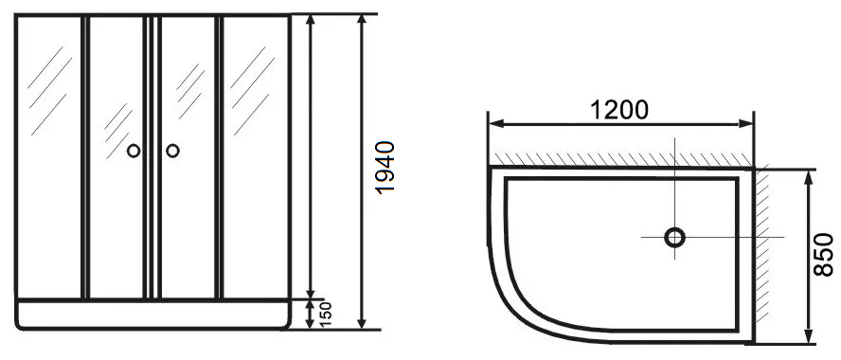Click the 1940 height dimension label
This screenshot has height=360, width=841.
[385, 168]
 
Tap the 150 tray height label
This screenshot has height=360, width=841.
[326, 315]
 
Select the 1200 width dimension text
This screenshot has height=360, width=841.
[619, 110]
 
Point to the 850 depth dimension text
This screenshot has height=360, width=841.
[823, 254]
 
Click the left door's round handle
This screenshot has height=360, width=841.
[134, 151]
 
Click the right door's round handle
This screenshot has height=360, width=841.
[172, 151]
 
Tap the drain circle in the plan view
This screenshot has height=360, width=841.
[674, 237]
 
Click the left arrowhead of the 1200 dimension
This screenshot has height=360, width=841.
[496, 124]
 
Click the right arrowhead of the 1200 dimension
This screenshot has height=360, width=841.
[746, 124]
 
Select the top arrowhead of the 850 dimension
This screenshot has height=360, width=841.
[808, 177]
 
